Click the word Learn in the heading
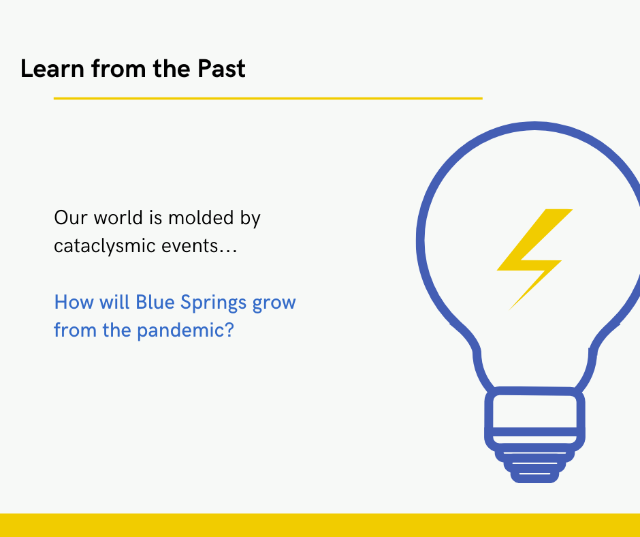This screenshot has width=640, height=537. click(x=52, y=68)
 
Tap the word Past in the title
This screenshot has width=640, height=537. click(x=221, y=68)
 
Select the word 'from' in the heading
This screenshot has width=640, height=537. click(x=118, y=68)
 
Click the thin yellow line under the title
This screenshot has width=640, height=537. click(x=268, y=99)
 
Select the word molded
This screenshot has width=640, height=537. click(x=201, y=217)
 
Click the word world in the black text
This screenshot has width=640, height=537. click(x=118, y=217)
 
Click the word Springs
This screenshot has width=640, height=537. click(x=214, y=303)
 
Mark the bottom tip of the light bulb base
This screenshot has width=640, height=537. click(x=534, y=482)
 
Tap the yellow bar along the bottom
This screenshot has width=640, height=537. click(x=320, y=525)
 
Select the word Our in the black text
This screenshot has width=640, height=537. click(x=71, y=217)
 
